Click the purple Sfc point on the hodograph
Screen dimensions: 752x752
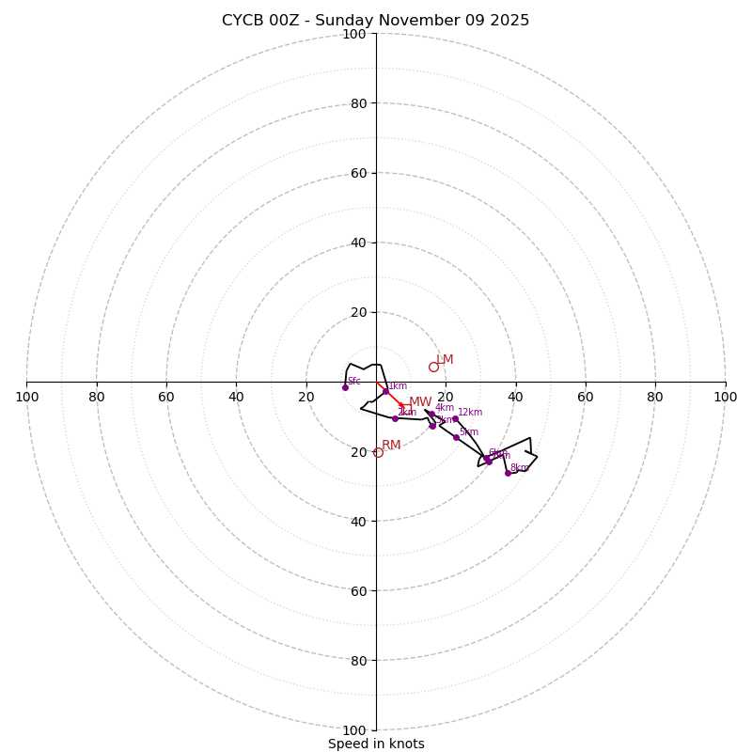(345, 387)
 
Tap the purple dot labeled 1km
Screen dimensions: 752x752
(385, 391)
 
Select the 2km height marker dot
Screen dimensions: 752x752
(395, 418)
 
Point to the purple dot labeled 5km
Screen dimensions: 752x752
(457, 437)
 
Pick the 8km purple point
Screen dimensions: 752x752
(508, 473)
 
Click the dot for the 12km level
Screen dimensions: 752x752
(455, 418)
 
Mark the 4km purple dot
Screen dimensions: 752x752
(431, 414)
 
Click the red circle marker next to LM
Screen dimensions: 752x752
(433, 367)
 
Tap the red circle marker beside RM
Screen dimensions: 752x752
(378, 452)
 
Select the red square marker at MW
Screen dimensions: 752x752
(406, 408)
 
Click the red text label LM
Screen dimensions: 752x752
(446, 359)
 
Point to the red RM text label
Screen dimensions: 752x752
(391, 445)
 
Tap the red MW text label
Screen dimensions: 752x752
(420, 401)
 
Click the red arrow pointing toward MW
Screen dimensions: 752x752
(390, 395)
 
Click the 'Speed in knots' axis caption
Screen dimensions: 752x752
(376, 744)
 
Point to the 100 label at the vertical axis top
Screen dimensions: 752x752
(354, 34)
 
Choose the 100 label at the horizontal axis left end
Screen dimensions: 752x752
(26, 397)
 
